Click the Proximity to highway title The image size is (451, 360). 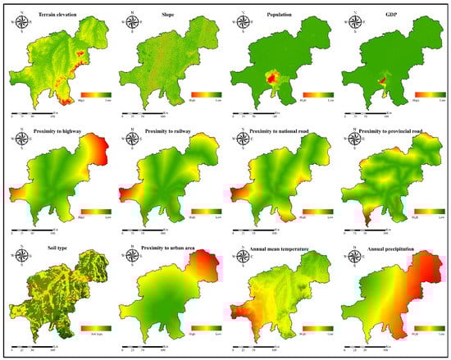57,131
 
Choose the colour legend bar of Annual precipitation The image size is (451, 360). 426,328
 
